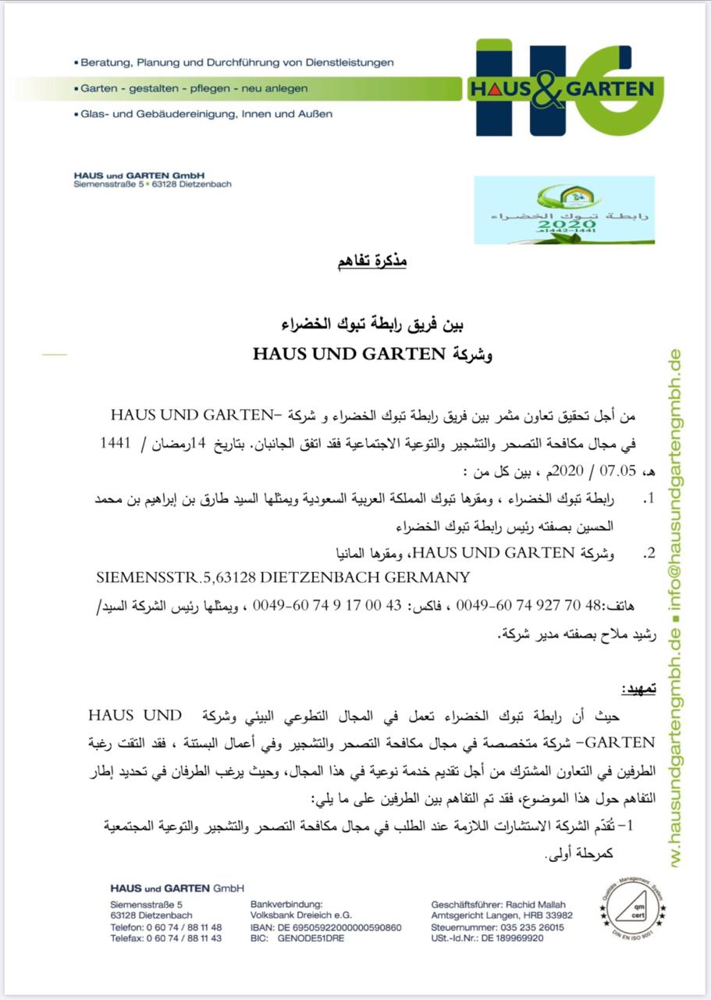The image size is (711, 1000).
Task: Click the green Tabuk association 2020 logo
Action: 564,209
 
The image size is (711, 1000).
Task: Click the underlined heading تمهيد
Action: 638,689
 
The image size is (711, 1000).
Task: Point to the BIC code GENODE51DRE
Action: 311,938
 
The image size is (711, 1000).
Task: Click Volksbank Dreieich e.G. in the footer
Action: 300,916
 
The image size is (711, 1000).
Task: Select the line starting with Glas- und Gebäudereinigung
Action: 207,114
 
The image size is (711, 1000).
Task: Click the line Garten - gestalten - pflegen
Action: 194,88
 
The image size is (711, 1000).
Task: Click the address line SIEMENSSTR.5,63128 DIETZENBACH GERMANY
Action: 283,578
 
